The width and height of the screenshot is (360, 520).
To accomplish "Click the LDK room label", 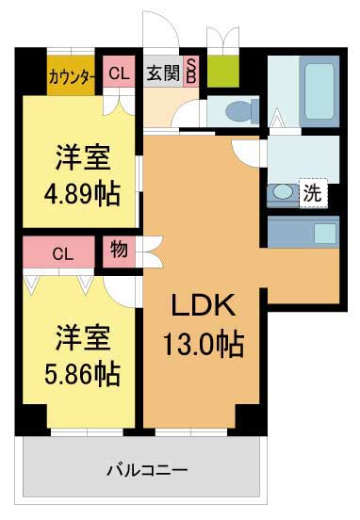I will pos(207,307).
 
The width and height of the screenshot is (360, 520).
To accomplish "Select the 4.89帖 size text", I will pos(81,194).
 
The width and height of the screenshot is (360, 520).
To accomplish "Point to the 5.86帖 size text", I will pos(81,373).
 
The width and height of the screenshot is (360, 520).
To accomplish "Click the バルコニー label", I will pos(146,468).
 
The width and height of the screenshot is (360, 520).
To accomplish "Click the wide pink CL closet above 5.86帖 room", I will pos(62,253).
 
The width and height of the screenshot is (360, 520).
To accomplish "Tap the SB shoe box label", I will pos(190,72).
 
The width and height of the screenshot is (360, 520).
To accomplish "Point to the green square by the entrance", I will pos(223,72).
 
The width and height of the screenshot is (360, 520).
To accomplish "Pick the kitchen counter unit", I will pos(303,231).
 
